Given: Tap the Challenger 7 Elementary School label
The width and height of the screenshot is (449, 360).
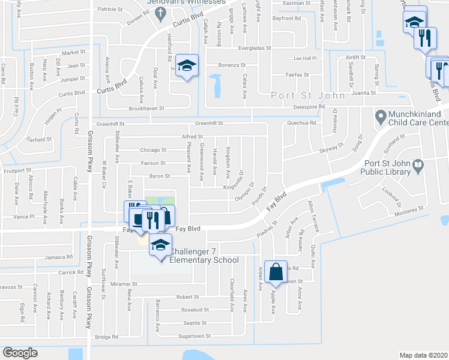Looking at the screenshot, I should (204, 256).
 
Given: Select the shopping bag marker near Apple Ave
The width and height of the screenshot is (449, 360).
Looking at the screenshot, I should (276, 271).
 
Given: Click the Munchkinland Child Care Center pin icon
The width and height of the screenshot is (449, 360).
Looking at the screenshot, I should (380, 115).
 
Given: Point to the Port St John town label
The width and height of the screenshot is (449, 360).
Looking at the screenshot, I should (307, 95).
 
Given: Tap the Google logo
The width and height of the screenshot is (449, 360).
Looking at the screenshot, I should (20, 353).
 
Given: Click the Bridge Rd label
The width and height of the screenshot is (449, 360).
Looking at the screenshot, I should (106, 337).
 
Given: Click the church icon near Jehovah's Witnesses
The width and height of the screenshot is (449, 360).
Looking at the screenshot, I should (159, 16).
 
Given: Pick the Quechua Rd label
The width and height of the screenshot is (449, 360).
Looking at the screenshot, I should (301, 123).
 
